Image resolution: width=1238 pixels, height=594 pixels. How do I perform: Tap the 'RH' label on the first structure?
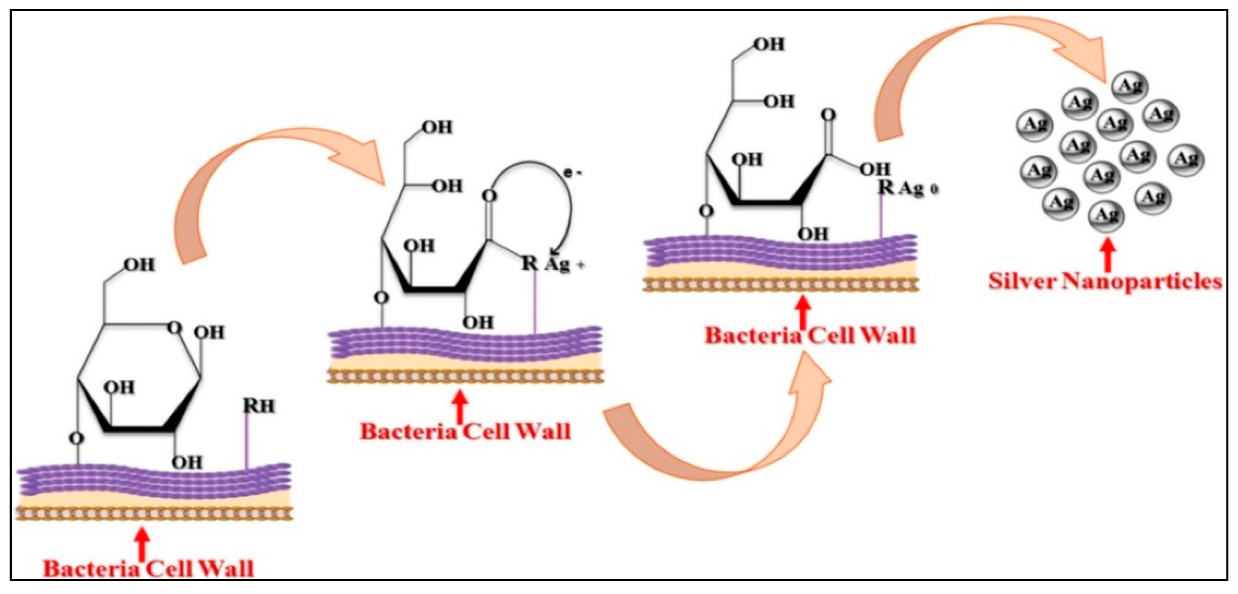coord(258,407)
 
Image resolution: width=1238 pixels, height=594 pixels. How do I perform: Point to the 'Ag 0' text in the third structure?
coord(918,189)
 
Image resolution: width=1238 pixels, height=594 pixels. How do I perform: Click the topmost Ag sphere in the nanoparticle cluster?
coord(1131,87)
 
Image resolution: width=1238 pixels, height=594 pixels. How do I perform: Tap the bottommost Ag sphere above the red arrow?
coord(1106,215)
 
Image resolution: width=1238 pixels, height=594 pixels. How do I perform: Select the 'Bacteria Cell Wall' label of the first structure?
coord(148,568)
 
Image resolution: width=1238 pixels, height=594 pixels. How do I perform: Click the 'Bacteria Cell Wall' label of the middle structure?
coord(465,431)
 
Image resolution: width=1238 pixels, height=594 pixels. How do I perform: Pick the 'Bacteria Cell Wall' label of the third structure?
coord(810,335)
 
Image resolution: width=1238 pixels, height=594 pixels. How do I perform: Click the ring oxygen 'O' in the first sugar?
coord(174,328)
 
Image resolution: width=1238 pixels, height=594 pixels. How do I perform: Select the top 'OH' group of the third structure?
coord(769,44)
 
